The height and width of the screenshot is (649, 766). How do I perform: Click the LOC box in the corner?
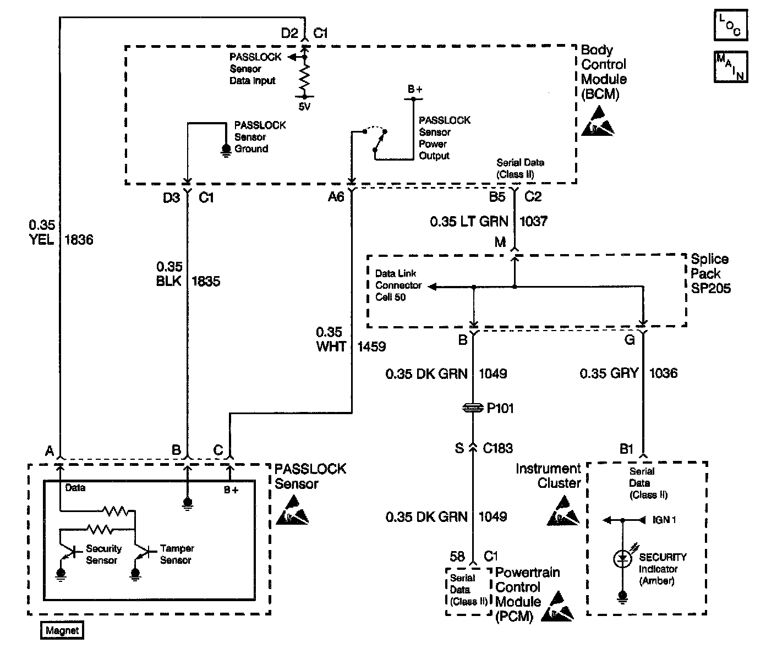click(x=731, y=25)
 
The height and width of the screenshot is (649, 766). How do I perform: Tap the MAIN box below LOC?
click(x=731, y=67)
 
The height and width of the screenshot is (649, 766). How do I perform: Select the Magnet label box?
click(x=62, y=631)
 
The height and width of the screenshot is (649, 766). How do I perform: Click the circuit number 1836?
click(x=79, y=240)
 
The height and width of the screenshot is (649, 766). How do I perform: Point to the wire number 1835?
click(x=205, y=282)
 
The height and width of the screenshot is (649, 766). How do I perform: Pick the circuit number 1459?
click(x=371, y=346)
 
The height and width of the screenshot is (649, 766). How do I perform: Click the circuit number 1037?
click(x=533, y=221)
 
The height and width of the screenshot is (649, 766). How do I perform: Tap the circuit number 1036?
click(x=663, y=373)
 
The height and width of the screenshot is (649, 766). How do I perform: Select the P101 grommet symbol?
click(x=473, y=408)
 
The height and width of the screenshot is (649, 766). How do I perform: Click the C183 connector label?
click(x=497, y=448)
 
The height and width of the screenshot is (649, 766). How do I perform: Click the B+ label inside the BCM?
click(x=415, y=89)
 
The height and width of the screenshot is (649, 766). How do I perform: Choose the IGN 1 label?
click(x=664, y=520)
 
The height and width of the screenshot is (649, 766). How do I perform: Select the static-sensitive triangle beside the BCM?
click(x=597, y=122)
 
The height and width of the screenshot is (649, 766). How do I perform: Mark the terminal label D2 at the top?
click(x=289, y=34)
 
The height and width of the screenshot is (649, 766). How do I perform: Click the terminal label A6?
click(x=336, y=196)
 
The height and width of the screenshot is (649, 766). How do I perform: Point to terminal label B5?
click(x=497, y=196)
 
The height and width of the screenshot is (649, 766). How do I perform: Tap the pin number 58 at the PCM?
click(x=457, y=557)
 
